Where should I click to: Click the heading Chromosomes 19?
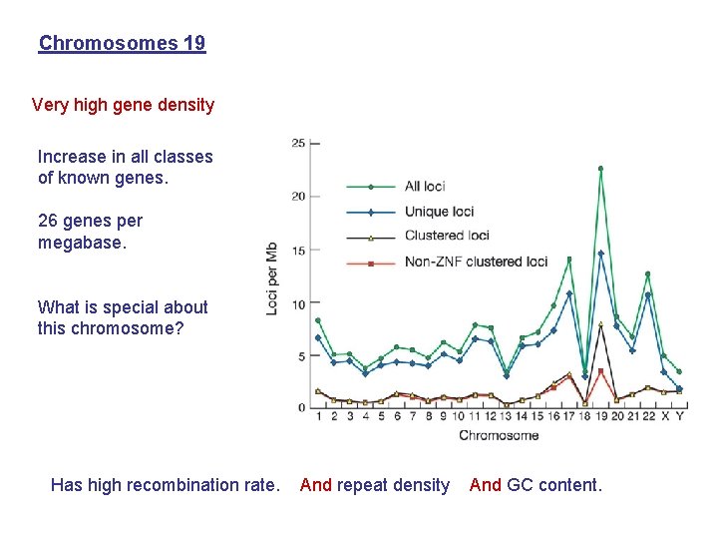click(122, 43)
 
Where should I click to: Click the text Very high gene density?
click(123, 105)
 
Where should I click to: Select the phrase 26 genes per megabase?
click(90, 231)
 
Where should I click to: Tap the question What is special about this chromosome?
click(122, 317)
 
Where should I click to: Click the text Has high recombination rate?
click(165, 485)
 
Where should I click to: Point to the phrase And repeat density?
click(375, 485)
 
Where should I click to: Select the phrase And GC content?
click(536, 485)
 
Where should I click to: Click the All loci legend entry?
click(424, 186)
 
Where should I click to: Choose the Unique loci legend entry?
click(439, 211)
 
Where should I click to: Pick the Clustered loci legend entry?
click(446, 236)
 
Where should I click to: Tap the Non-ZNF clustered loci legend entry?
click(476, 262)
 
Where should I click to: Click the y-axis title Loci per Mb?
click(272, 277)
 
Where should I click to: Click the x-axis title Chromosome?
click(499, 435)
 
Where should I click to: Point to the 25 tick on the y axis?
click(298, 143)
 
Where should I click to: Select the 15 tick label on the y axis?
click(298, 250)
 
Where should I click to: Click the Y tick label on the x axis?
click(679, 416)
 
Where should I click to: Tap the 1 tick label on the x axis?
click(318, 416)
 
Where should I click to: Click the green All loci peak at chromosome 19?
click(600, 169)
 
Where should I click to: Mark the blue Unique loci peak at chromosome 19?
click(600, 254)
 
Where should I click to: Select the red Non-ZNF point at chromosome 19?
click(600, 371)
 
